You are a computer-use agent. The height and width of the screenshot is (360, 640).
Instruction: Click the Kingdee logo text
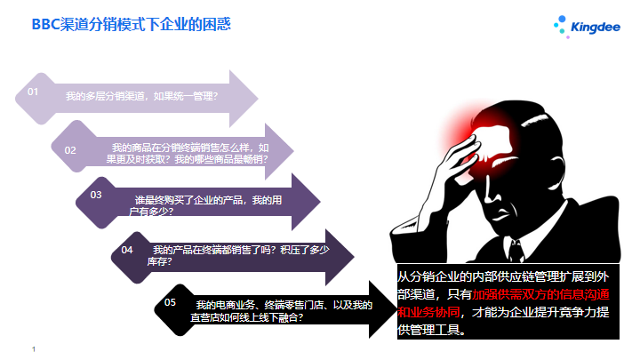(596, 28)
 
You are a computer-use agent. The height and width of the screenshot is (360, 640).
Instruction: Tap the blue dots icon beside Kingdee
(561, 26)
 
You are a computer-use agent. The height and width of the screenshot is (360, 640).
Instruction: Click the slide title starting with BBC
(131, 25)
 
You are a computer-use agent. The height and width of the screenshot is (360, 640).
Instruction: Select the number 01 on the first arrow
(33, 92)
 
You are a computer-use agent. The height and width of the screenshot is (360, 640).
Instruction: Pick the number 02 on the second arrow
(70, 150)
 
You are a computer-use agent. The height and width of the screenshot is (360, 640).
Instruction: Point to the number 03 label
(96, 195)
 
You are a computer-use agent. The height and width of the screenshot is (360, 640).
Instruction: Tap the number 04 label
(127, 250)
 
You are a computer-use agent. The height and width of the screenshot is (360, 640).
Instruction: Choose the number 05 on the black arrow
(170, 302)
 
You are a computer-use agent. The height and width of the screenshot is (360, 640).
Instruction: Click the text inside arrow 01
(141, 96)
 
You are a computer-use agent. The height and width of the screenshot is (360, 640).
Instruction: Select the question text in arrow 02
(188, 154)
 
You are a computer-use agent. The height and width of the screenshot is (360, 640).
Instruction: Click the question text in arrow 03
(205, 205)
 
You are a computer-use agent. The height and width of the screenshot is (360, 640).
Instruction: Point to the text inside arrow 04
(238, 255)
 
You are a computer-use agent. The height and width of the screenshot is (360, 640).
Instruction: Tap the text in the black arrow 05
(281, 311)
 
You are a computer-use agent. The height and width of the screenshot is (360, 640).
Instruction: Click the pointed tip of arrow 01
(258, 99)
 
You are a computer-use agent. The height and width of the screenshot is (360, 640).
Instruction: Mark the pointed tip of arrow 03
(320, 201)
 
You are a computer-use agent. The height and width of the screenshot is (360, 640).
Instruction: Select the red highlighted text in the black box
(504, 303)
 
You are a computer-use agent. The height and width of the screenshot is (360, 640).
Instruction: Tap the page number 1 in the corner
(34, 349)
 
